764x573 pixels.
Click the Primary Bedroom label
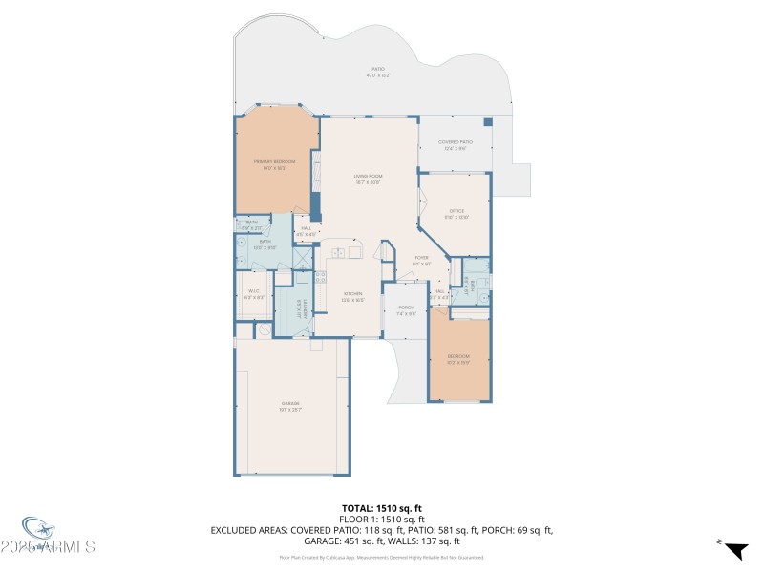click(x=274, y=165)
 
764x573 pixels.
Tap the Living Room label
click(x=368, y=179)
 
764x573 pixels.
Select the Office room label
click(x=456, y=213)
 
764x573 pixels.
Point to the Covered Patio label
click(x=455, y=145)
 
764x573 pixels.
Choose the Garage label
click(x=290, y=407)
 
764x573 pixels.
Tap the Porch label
click(x=407, y=310)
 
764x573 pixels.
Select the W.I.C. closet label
click(x=255, y=293)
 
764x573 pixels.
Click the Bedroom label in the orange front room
click(x=458, y=359)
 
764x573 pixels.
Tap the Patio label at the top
click(x=378, y=72)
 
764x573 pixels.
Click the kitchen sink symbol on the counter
click(x=340, y=253)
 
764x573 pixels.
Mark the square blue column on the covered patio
click(x=488, y=122)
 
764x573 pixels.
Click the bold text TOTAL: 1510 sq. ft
click(x=382, y=508)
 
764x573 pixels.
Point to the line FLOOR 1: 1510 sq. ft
click(x=382, y=519)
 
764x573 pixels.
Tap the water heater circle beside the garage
click(x=263, y=330)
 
